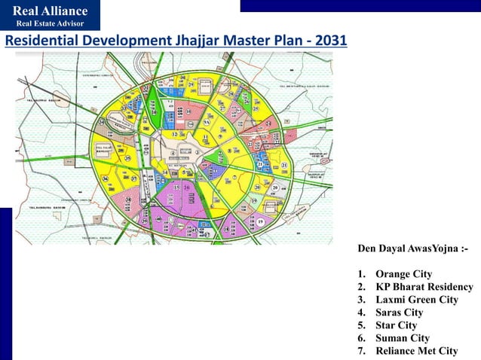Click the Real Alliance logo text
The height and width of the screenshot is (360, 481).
pyautogui.click(x=50, y=11)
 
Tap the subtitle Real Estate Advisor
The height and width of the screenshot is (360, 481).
pyautogui.click(x=50, y=24)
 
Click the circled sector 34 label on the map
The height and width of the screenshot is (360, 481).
pyautogui.click(x=102, y=122)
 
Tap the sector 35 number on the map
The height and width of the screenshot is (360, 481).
pyautogui.click(x=128, y=158)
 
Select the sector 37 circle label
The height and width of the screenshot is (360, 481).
pyautogui.click(x=133, y=178)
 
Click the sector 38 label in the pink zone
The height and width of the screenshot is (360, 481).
pyautogui.click(x=129, y=200)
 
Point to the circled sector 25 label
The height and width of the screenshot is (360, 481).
pyautogui.click(x=256, y=108)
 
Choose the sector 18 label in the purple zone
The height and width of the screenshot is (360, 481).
pyautogui.click(x=226, y=228)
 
